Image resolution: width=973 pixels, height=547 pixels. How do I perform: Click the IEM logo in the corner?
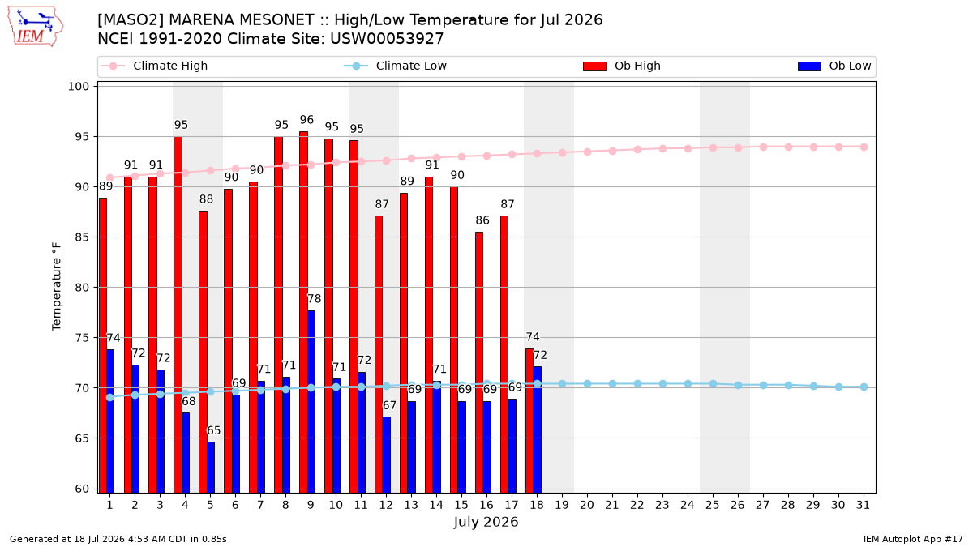point(36,26)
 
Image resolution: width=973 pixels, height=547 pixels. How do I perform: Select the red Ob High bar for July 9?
point(303,312)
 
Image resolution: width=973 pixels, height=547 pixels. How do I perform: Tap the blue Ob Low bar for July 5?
point(211,468)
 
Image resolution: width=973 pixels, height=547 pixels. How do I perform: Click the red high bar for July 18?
point(529,421)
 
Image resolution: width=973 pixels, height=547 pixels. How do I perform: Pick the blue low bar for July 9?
point(311,402)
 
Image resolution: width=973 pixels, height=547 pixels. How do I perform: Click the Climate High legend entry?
point(155,66)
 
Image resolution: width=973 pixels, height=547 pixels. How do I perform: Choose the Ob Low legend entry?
point(834,66)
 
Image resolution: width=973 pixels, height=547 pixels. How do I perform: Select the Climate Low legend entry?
point(396,66)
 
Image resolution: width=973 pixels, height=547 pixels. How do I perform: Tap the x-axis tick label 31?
point(863,505)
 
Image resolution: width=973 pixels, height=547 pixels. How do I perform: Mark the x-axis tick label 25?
point(713,505)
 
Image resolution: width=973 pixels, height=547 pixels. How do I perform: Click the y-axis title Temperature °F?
point(57,287)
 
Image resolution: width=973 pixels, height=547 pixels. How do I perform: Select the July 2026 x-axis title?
point(486,522)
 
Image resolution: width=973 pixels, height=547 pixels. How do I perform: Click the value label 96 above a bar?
point(306,120)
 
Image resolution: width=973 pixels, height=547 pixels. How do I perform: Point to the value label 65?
point(214,430)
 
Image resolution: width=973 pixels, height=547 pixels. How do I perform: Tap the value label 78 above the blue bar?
point(314,299)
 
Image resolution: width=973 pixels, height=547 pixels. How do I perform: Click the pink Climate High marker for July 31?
point(864,147)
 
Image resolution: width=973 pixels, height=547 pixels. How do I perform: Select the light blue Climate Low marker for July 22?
point(637,384)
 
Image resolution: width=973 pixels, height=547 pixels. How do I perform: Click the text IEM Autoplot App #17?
point(913,539)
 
